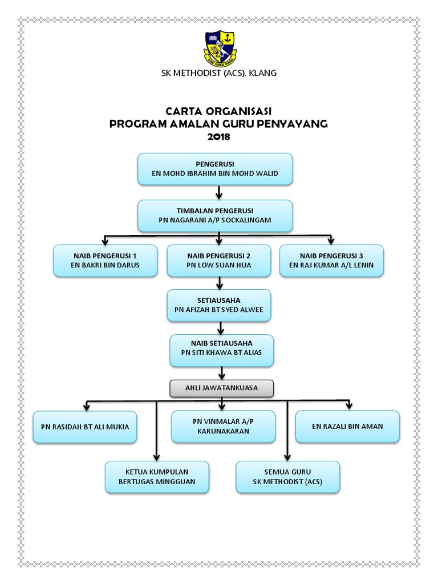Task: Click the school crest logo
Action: [220, 47]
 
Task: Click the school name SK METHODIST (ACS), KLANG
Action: [220, 73]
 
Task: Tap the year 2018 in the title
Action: [219, 137]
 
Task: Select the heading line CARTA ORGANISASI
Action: [219, 111]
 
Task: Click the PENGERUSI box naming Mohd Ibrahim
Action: [215, 169]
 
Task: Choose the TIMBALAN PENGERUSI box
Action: [215, 215]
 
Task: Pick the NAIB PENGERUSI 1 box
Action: [105, 261]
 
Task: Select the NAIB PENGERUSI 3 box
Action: [331, 261]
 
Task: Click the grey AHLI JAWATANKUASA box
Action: [222, 388]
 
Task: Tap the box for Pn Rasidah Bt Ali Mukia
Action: [85, 427]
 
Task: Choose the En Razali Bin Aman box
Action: [347, 426]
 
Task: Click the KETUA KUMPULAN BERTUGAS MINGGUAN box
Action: [157, 477]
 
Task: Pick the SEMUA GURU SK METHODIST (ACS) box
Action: [288, 477]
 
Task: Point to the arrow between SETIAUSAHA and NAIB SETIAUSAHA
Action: [220, 327]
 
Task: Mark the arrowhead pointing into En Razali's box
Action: [349, 405]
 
